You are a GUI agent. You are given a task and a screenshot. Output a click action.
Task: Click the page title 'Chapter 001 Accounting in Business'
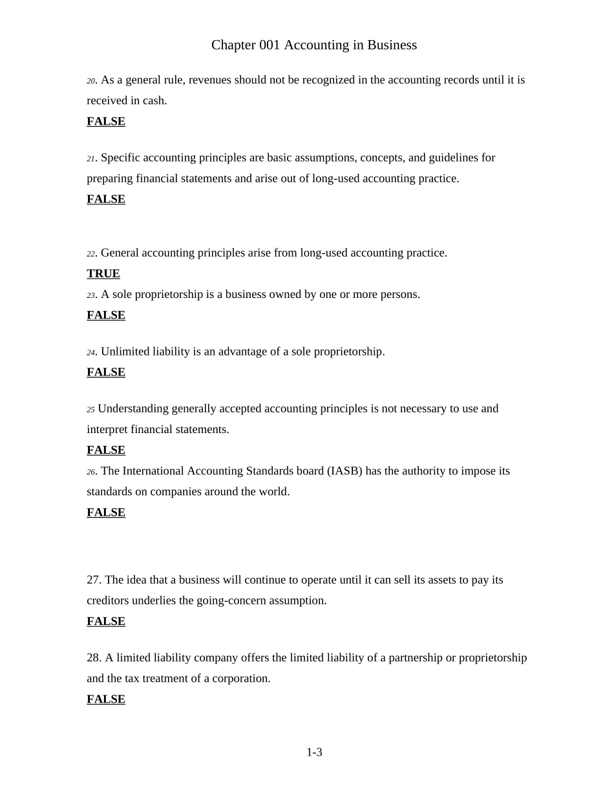314,45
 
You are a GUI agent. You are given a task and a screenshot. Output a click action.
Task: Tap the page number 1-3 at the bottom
314,752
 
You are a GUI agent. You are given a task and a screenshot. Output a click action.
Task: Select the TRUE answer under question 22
103,274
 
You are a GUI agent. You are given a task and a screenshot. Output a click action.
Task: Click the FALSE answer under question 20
106,122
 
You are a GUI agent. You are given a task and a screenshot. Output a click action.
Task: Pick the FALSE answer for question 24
106,372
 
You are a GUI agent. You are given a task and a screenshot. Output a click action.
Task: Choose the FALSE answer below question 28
106,699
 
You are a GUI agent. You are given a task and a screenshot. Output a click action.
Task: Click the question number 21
91,159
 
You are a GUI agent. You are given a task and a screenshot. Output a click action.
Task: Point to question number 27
94,580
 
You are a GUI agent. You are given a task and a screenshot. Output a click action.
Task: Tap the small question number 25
90,410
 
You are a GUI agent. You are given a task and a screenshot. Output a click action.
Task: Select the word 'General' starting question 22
120,253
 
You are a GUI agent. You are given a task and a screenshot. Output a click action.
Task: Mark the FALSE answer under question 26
106,513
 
